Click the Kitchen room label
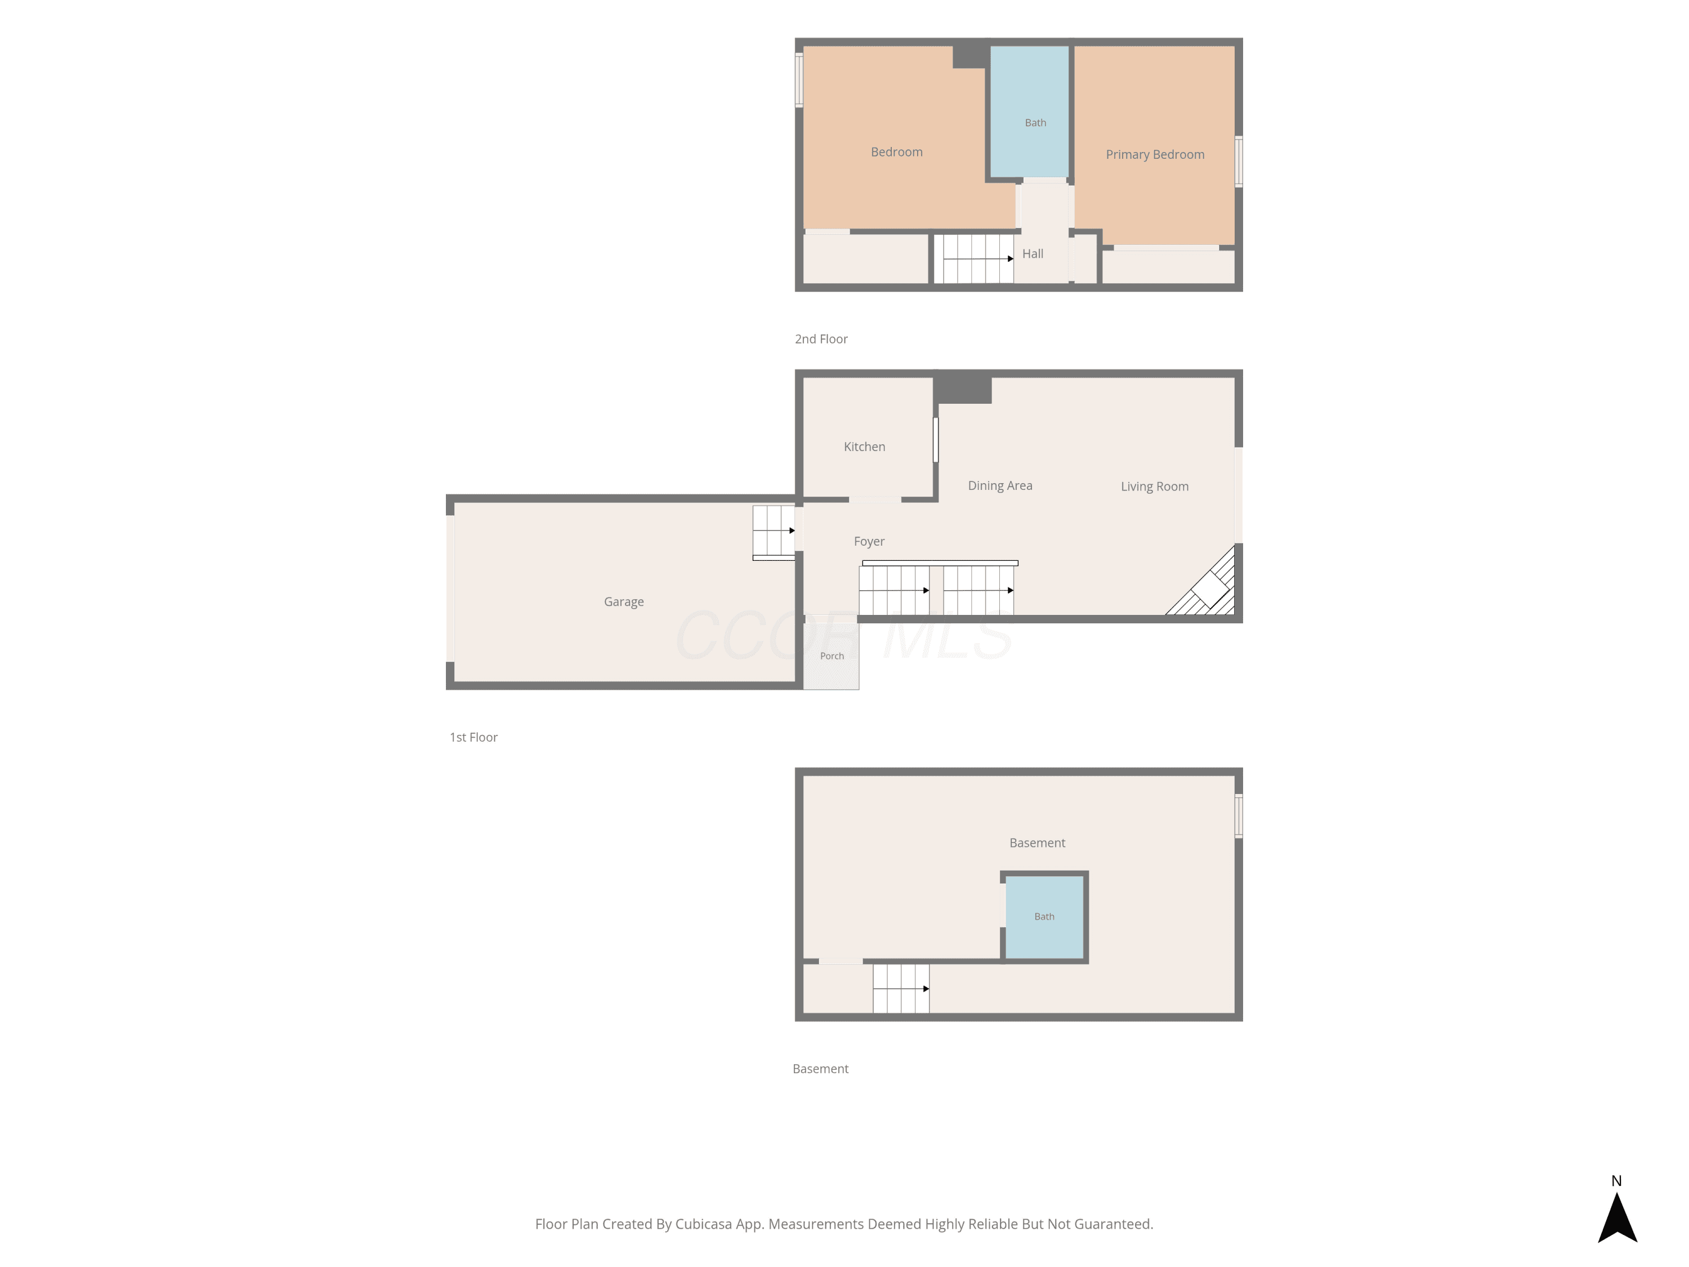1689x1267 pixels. click(864, 447)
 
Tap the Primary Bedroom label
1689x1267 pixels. click(1155, 155)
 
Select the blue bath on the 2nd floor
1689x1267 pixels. click(1029, 111)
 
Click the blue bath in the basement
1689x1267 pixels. click(1044, 917)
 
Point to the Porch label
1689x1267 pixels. click(832, 656)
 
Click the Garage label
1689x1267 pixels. click(624, 602)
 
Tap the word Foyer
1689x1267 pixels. click(869, 542)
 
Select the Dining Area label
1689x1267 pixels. click(1000, 486)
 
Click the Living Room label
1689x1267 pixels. click(1155, 487)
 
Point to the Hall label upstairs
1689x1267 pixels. click(1033, 253)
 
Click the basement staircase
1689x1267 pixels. click(901, 988)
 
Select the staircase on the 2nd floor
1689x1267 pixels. click(978, 259)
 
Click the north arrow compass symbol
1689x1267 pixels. click(1618, 1217)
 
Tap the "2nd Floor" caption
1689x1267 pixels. click(821, 339)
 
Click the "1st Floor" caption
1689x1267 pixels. click(473, 737)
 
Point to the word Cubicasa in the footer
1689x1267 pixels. click(703, 1224)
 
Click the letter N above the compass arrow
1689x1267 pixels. click(1616, 1181)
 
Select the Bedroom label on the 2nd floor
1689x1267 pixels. click(896, 152)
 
